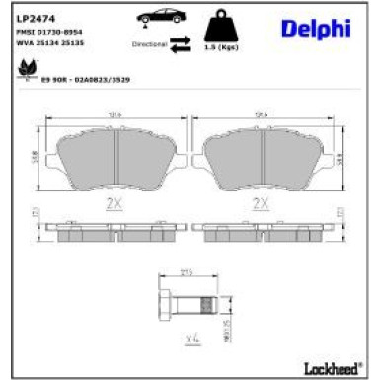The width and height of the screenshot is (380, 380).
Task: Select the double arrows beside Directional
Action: [181, 42]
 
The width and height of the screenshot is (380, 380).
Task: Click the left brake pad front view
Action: [116, 154]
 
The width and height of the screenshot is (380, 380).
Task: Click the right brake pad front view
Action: [262, 154]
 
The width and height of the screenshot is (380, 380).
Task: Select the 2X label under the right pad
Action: [261, 203]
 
